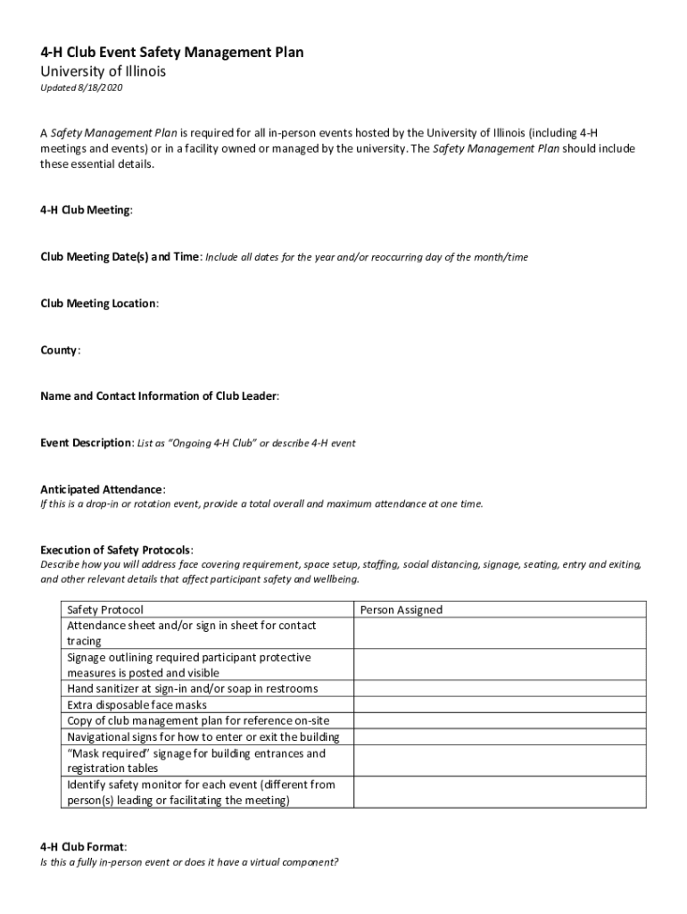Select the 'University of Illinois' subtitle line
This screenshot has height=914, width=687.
[x=103, y=71]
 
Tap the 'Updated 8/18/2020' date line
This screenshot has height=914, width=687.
[x=80, y=89]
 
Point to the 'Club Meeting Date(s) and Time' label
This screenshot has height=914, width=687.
[x=120, y=257]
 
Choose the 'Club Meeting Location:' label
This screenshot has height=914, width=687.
[x=99, y=303]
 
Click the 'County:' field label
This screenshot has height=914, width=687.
[x=60, y=351]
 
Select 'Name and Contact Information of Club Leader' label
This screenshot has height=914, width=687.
[x=160, y=396]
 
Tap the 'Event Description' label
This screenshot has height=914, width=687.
[x=87, y=444]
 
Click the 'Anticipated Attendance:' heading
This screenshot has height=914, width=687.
[x=103, y=489]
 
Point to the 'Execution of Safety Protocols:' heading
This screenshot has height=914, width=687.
[x=117, y=550]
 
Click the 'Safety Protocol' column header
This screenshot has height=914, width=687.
[x=105, y=610]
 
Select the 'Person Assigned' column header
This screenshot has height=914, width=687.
[x=401, y=610]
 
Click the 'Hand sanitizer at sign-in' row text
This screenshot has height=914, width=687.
[x=192, y=689]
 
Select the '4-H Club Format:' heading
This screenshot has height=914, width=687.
[x=83, y=845]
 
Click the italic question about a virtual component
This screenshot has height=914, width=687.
[x=189, y=863]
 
